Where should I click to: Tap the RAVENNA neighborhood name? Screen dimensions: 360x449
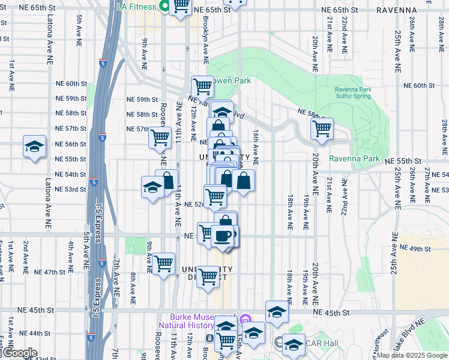(396, 10)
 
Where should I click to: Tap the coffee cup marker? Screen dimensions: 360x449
(223, 235)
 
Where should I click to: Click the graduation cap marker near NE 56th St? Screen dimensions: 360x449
(34, 146)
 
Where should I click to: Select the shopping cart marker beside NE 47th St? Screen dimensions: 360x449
(163, 263)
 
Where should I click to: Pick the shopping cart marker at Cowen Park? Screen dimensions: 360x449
(203, 87)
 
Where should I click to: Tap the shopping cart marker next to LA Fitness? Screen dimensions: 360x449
(181, 7)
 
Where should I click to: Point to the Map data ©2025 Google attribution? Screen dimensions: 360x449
(412, 355)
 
